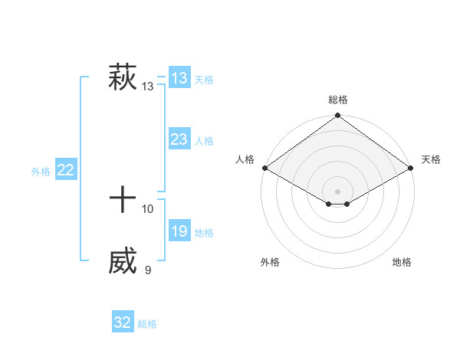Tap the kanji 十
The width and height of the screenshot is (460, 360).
[123, 201]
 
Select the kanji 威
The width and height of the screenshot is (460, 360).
[123, 261]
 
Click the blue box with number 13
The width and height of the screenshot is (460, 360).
[179, 77]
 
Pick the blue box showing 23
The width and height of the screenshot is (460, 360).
[179, 139]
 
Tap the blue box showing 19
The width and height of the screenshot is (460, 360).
[179, 231]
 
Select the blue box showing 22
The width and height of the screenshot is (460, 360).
[65, 170]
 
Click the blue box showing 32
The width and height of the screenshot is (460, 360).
[123, 322]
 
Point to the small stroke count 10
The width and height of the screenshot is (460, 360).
[148, 208]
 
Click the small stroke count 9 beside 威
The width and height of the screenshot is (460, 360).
[148, 270]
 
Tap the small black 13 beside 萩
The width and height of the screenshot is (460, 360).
[148, 87]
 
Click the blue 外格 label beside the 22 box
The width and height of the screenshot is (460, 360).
[41, 172]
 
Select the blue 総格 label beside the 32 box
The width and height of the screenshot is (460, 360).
[147, 324]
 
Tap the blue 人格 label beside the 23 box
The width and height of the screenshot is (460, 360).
[204, 141]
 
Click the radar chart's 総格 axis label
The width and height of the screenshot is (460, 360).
[338, 100]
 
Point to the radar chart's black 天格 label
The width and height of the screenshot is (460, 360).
[432, 159]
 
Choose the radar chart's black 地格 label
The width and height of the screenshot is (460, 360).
[402, 262]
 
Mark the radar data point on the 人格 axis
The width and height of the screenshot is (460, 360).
[264, 168]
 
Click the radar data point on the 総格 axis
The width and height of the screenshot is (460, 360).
[338, 116]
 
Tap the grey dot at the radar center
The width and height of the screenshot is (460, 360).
[338, 191]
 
